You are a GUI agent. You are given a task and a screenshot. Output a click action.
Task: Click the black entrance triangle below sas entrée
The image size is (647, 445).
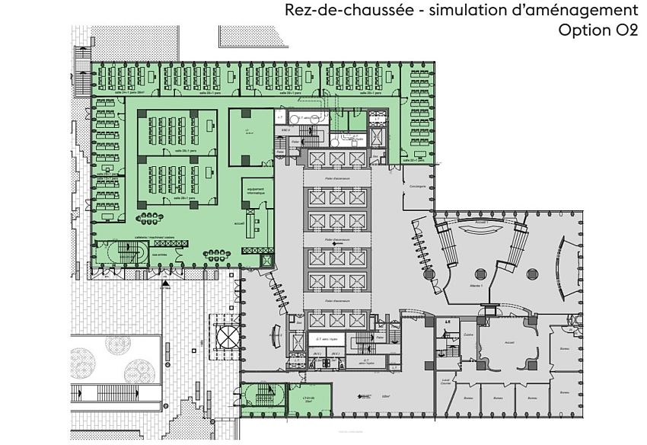pyautogui.click(x=165, y=283)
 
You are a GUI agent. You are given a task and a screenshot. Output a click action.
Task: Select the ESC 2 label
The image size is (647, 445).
pyautogui.click(x=286, y=130)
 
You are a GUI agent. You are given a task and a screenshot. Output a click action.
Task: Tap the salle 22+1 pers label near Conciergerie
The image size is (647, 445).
pyautogui.click(x=416, y=161)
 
